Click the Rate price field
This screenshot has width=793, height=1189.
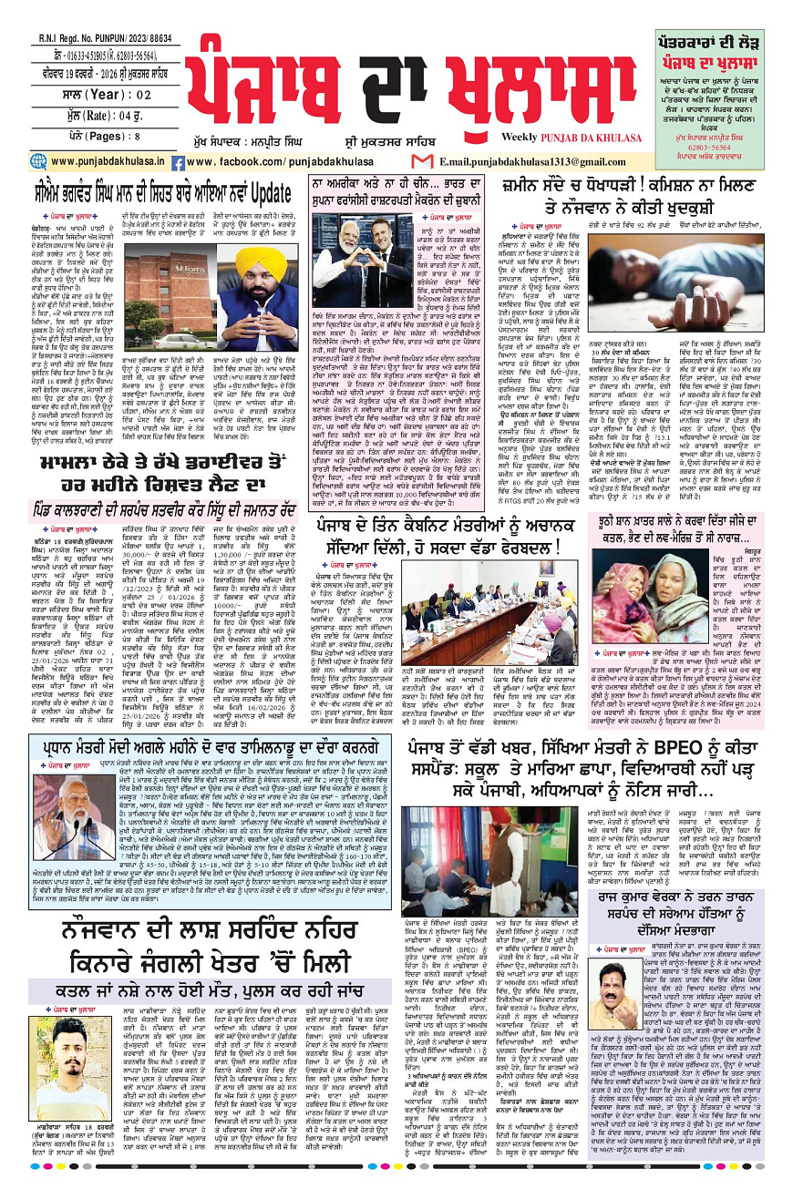[x=59, y=92]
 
